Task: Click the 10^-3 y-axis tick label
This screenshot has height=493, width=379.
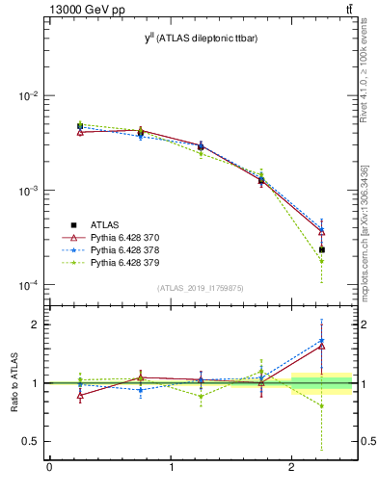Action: point(29,191)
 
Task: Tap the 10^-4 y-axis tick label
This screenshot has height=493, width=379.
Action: point(29,285)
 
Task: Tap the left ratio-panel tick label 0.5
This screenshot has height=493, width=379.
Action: point(31,441)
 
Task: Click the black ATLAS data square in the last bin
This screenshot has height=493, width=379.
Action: point(322,249)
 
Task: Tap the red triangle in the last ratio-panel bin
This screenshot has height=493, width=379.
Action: point(322,346)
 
